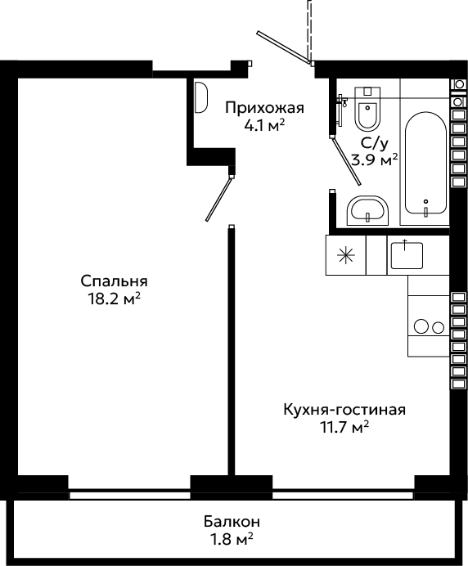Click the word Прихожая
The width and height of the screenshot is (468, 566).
265,108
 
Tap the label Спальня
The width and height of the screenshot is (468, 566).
114,281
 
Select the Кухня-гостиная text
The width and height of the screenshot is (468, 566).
344,410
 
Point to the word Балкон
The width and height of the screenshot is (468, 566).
232,522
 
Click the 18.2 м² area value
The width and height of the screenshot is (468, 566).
114,299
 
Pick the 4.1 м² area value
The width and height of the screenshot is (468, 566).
265,125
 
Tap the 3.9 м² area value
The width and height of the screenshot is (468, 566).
375,159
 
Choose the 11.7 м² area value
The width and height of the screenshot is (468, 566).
344,427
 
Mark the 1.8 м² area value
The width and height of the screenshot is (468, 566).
232,539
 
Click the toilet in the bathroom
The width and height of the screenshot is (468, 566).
367,108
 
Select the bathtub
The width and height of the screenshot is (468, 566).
425,163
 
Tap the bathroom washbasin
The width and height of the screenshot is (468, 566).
367,211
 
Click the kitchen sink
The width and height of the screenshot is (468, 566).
407,255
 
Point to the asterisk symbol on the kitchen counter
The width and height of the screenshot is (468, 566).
345,255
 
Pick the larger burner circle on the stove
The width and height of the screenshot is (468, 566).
421,326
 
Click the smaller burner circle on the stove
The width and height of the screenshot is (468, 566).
438,328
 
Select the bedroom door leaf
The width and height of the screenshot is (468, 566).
218,199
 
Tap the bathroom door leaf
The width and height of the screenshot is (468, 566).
346,161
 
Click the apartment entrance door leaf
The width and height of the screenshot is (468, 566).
284,47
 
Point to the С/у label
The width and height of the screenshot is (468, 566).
375,144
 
